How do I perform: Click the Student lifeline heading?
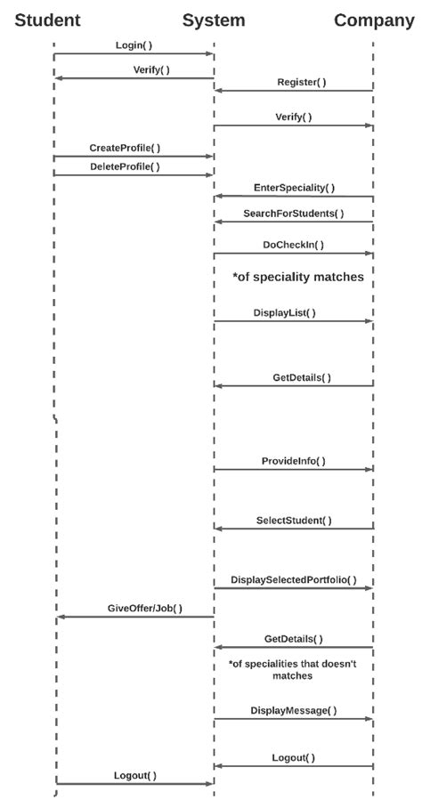coord(47,20)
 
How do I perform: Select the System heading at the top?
coord(214,20)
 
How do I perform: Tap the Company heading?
coord(374,20)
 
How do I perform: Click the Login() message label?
coord(134,44)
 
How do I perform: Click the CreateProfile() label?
coord(125,148)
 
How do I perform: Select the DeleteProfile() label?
coord(125,166)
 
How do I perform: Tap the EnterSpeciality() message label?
coord(295,188)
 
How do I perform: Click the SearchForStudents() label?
coord(294,214)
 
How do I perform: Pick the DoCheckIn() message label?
coord(293,245)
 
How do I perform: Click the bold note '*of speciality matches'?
coord(297,277)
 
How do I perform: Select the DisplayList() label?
coord(284,312)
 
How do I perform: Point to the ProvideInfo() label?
coord(294,461)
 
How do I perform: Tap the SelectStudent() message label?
coord(294,520)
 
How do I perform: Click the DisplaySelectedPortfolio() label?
coord(294,579)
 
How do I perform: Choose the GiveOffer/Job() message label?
coord(145,608)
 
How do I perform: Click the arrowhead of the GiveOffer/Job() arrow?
coord(60,616)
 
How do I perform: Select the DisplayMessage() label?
coord(294,710)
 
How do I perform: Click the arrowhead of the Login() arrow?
coord(210,54)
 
